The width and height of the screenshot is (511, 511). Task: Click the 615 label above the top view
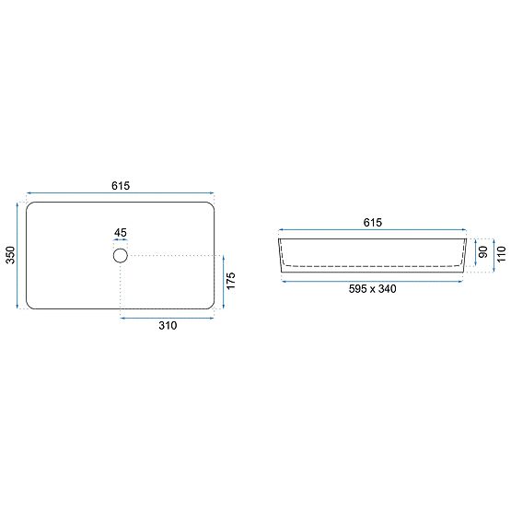click(x=121, y=185)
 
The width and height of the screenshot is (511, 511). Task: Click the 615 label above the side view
click(x=373, y=223)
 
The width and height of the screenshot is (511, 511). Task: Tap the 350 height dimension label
click(x=11, y=255)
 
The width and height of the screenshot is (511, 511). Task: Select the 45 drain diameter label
click(x=121, y=233)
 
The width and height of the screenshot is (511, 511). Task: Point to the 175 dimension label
click(x=230, y=281)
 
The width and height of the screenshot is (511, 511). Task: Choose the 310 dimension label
click(x=168, y=325)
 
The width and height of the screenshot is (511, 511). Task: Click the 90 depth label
click(x=483, y=252)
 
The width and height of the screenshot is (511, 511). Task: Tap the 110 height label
click(x=501, y=254)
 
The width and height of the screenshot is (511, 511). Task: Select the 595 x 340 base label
click(x=373, y=289)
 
